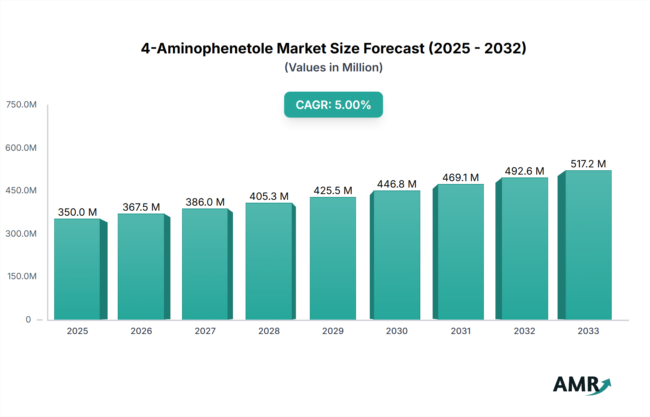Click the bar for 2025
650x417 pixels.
[77, 269]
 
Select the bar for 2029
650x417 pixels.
[333, 258]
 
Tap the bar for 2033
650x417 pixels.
[588, 245]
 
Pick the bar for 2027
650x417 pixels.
[205, 264]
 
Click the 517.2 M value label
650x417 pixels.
[588, 164]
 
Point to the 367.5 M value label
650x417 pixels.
[141, 207]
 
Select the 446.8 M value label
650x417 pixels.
[397, 184]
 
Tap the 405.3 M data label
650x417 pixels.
[269, 196]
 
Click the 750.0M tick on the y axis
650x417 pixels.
[21, 105]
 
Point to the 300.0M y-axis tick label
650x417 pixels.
[21, 234]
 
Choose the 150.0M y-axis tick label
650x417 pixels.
[22, 276]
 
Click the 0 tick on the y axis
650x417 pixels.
[28, 319]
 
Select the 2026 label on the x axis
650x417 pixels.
[141, 331]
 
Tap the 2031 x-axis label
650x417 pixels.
[461, 331]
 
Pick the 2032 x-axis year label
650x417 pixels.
[524, 331]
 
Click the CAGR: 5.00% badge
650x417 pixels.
[333, 105]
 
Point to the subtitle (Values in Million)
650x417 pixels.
[333, 67]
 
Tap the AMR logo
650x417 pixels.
[581, 385]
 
